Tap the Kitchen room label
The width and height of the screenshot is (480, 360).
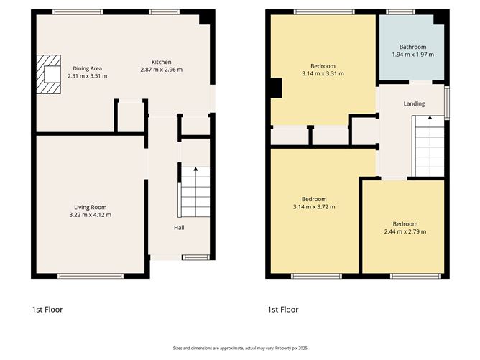[161, 62]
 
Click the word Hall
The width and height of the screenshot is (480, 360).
[179, 228]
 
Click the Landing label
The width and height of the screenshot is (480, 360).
[414, 103]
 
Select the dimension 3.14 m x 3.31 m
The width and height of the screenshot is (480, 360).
[323, 73]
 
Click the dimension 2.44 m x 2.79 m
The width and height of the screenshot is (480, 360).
[405, 231]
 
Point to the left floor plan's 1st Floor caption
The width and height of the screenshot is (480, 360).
[48, 310]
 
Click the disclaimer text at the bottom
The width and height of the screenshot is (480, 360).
[239, 348]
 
